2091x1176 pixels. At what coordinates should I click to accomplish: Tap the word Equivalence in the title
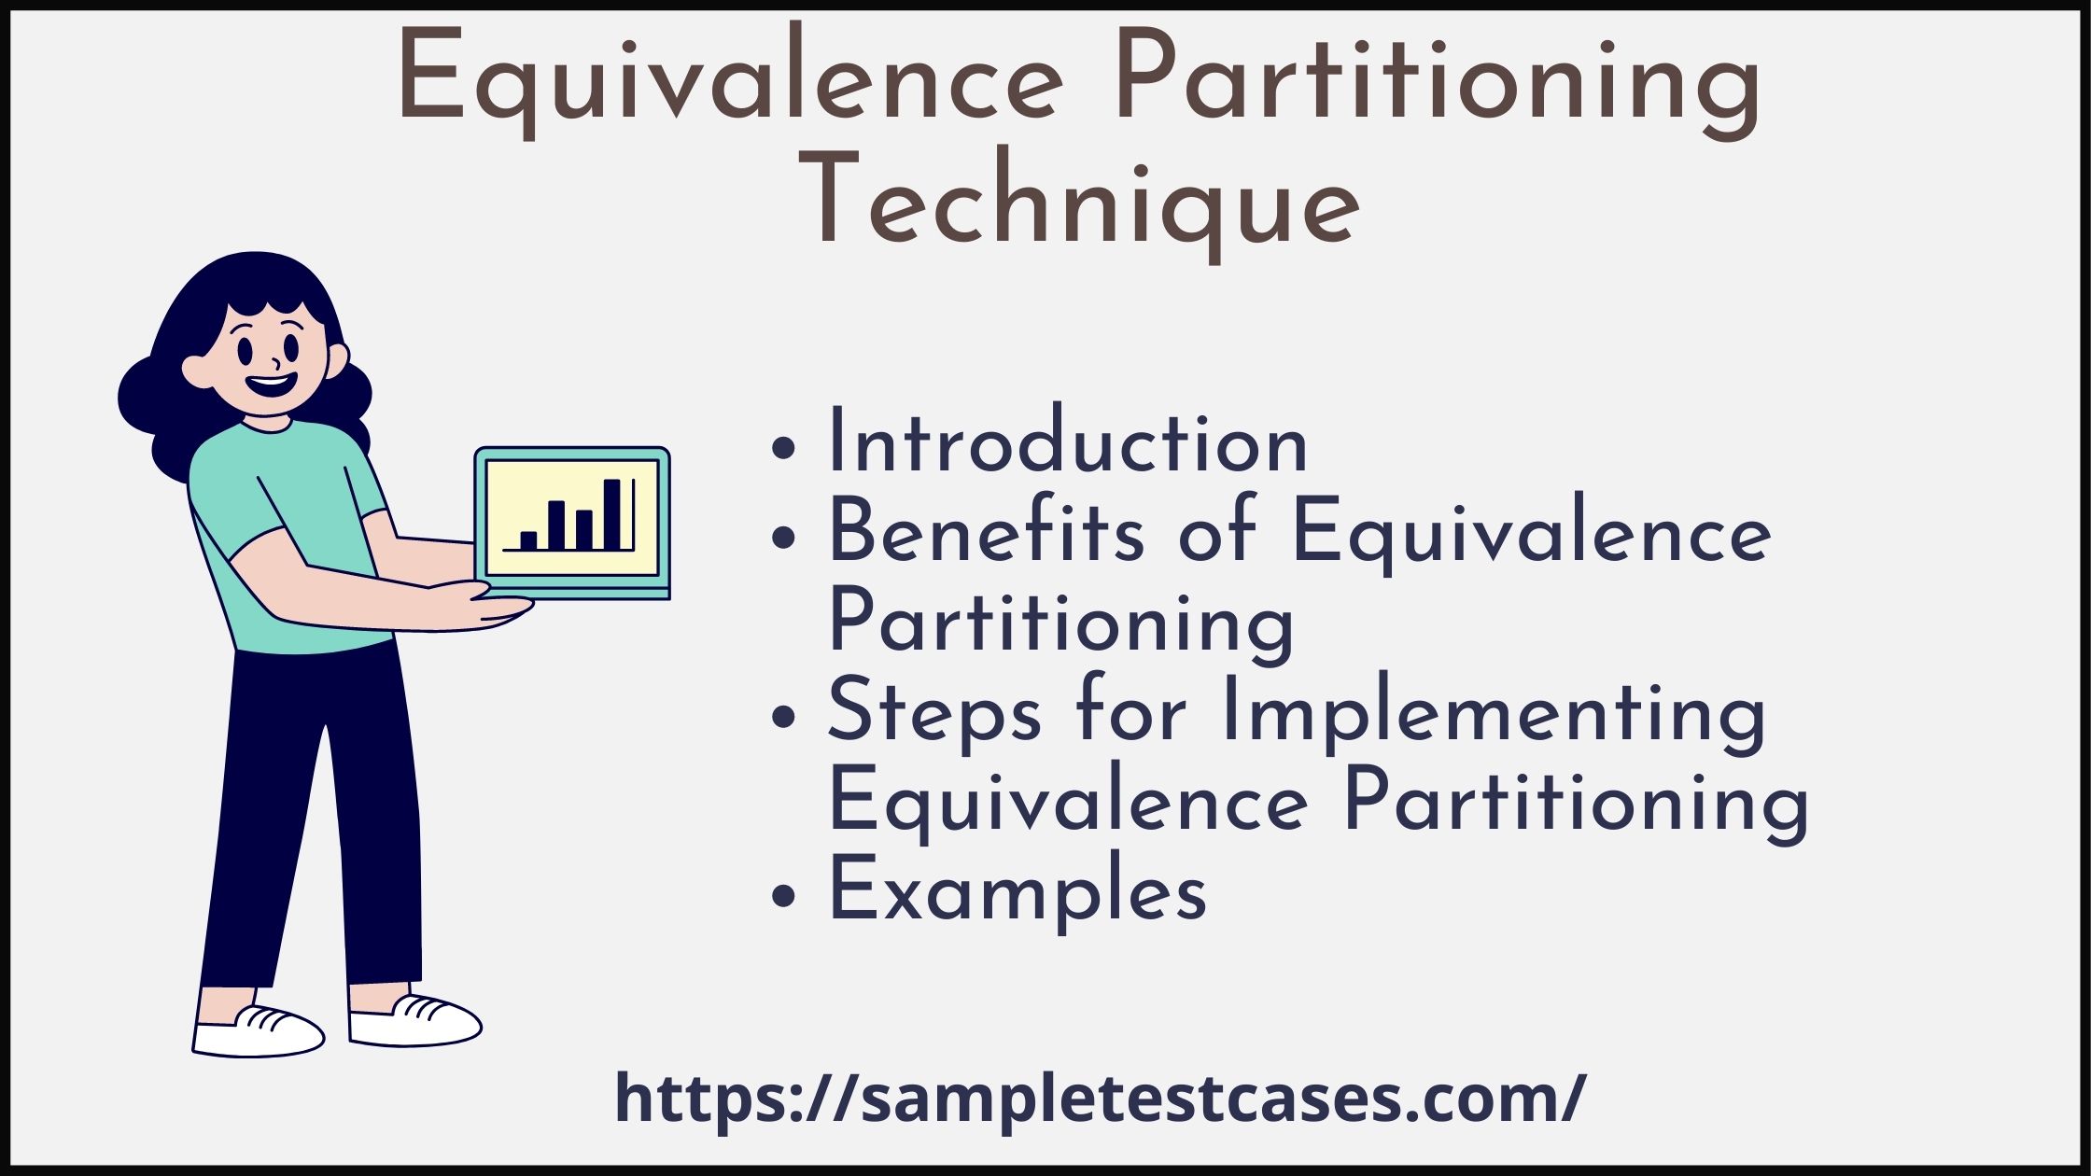pos(730,80)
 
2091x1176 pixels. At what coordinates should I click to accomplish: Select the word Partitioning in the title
pos(1438,80)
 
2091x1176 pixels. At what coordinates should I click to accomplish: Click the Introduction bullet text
pos(1068,441)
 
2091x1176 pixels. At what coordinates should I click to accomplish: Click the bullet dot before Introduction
pos(785,447)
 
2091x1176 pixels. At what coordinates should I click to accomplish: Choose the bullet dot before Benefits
pos(785,537)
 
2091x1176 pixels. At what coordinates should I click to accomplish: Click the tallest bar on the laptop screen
pos(612,514)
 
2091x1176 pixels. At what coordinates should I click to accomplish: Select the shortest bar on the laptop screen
pos(528,540)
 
